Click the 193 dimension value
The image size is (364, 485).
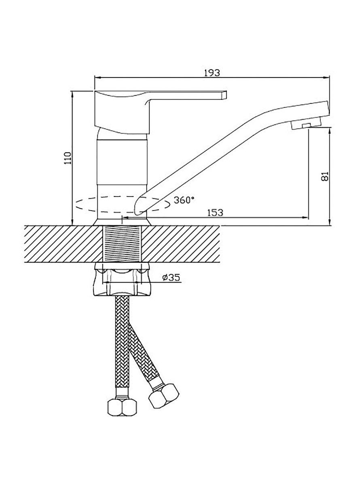click(x=212, y=72)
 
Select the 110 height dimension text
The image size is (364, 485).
click(x=68, y=158)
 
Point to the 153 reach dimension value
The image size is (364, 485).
click(x=215, y=212)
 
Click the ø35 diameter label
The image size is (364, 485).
click(x=171, y=277)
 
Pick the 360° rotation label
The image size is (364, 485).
click(x=184, y=200)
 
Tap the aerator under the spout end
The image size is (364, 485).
click(x=306, y=124)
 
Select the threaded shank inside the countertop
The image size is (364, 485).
click(x=122, y=244)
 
